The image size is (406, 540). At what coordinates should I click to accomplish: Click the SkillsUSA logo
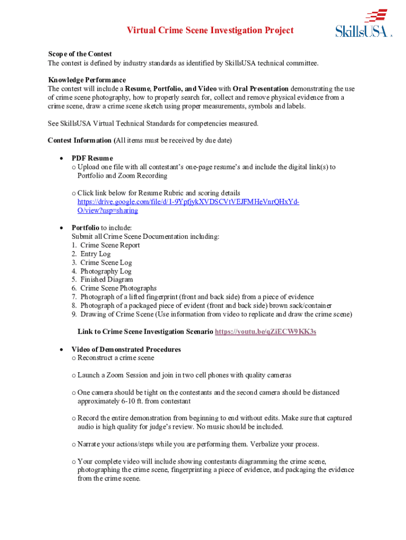click(x=363, y=24)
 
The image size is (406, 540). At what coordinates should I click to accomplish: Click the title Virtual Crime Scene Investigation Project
click(x=210, y=31)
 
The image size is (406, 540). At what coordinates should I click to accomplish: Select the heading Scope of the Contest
click(x=80, y=54)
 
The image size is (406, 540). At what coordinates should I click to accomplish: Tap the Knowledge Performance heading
click(x=87, y=80)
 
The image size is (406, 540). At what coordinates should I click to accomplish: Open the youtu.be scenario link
click(x=266, y=332)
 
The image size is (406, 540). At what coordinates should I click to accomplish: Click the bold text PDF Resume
click(x=92, y=158)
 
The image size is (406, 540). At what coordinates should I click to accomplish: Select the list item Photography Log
click(x=105, y=271)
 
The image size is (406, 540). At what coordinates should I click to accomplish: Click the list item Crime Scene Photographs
click(x=118, y=288)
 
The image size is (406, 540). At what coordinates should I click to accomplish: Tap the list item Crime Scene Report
click(x=110, y=245)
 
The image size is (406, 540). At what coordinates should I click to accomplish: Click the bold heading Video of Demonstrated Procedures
click(x=126, y=349)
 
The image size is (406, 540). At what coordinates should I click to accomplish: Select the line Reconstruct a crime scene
click(x=115, y=358)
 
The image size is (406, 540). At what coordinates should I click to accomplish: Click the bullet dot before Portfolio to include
click(x=62, y=228)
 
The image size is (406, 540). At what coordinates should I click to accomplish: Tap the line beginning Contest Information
click(x=140, y=140)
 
